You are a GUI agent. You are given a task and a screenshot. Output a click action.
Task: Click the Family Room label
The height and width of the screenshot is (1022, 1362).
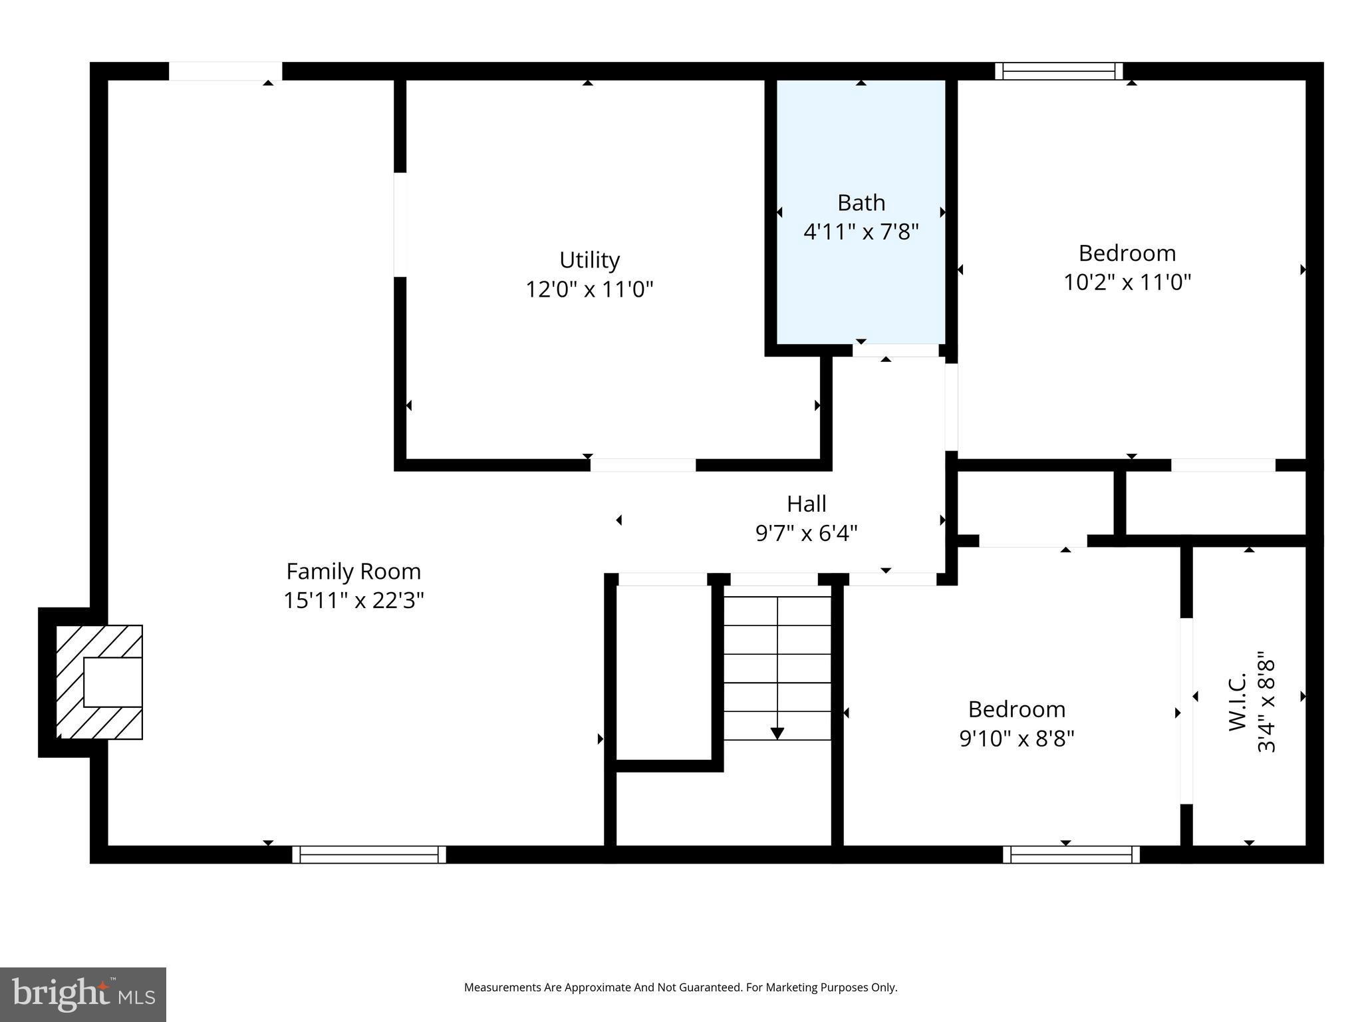[353, 572]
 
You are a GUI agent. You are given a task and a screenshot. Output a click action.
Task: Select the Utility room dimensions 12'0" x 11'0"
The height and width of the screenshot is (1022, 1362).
[589, 289]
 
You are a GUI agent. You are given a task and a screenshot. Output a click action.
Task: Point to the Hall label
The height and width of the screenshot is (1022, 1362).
[806, 504]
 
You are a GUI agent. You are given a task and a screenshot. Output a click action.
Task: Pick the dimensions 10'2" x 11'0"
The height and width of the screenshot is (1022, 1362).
[1127, 283]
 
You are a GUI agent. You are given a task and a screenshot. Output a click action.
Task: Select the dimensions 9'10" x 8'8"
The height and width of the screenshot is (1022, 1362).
[1016, 739]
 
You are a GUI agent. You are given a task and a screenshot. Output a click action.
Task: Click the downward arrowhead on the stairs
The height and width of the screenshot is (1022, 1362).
[777, 733]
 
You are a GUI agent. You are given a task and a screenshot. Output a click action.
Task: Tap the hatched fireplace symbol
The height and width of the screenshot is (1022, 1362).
[99, 682]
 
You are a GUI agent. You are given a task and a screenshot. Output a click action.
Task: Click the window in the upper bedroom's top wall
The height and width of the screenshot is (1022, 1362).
[1059, 71]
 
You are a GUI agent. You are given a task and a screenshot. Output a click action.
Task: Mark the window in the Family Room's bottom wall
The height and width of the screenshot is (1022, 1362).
[369, 854]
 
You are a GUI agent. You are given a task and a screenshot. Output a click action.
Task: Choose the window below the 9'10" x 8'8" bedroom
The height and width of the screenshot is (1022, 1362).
[1071, 854]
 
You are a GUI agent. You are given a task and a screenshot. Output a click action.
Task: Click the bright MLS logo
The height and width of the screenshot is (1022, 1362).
[83, 995]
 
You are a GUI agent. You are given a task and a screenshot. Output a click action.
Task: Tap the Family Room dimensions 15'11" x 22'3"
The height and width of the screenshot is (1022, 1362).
[353, 601]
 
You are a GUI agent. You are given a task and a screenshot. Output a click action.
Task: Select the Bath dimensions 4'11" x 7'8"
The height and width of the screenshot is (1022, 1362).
[861, 232]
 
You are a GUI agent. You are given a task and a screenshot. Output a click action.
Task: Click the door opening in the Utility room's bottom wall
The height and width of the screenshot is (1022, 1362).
[642, 465]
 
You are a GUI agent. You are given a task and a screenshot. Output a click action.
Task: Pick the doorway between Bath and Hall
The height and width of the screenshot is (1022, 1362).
[895, 351]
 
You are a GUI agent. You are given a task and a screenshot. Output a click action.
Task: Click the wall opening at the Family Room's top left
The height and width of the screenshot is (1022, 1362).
[225, 71]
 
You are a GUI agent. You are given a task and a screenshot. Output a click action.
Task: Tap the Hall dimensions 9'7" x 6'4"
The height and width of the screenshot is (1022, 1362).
[806, 534]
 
